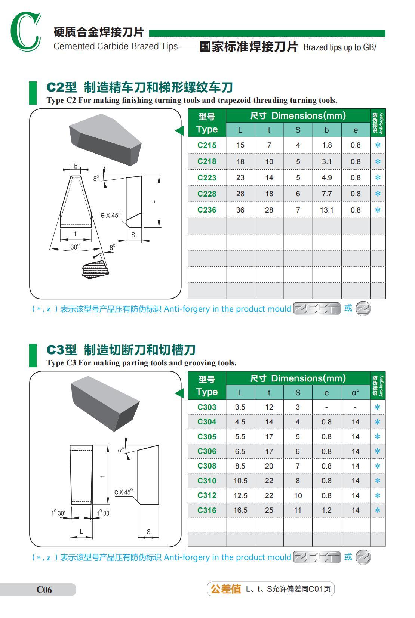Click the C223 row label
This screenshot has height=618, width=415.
pyautogui.click(x=207, y=177)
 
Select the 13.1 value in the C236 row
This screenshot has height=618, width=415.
pyautogui.click(x=326, y=210)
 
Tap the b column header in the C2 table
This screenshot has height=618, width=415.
pyautogui.click(x=326, y=130)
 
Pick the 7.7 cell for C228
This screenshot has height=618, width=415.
pyautogui.click(x=326, y=194)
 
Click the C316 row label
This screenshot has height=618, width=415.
pyautogui.click(x=207, y=510)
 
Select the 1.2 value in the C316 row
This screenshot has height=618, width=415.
pyautogui.click(x=326, y=510)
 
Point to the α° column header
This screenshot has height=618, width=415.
pyautogui.click(x=355, y=393)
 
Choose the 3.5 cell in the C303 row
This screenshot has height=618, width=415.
pyautogui.click(x=240, y=407)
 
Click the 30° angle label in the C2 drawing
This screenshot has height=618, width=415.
pyautogui.click(x=75, y=247)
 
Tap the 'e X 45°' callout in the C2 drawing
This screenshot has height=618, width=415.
pyautogui.click(x=111, y=215)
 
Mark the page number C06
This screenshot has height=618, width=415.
pyautogui.click(x=44, y=590)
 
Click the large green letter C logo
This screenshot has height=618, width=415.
pyautogui.click(x=25, y=31)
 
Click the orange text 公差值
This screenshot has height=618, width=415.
pyautogui.click(x=226, y=589)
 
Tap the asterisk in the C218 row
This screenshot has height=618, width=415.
pyautogui.click(x=378, y=161)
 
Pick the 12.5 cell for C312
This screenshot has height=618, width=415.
pyautogui.click(x=240, y=495)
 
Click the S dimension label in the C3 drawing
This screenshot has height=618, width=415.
pyautogui.click(x=148, y=532)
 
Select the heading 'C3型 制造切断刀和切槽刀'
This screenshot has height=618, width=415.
pyautogui.click(x=121, y=350)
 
